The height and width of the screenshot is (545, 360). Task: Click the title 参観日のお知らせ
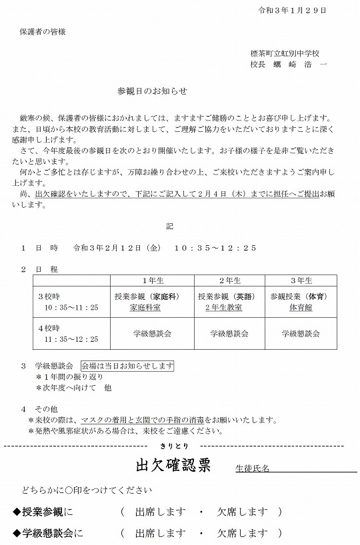click(x=152, y=89)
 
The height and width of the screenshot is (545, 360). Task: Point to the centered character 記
click(x=179, y=225)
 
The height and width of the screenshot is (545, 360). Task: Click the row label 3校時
click(x=50, y=295)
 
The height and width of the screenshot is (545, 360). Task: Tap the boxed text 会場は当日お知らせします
click(x=127, y=366)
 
